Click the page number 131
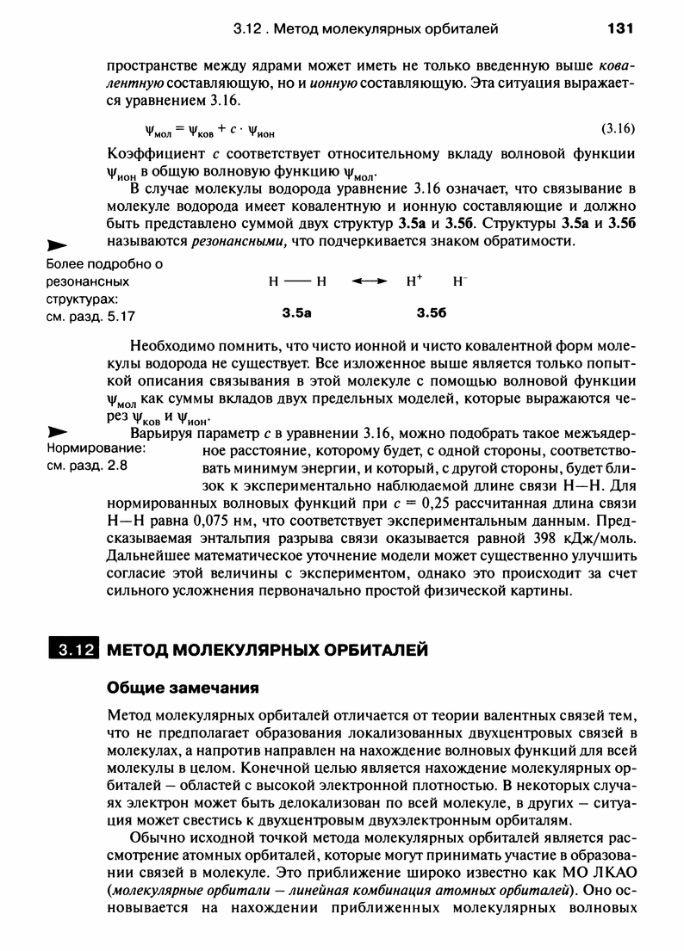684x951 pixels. [x=619, y=28]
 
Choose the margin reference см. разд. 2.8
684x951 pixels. [x=86, y=467]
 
